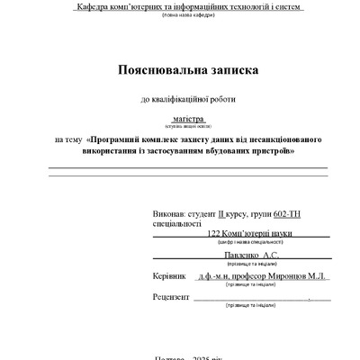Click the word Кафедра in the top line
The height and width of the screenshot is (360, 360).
[94, 6]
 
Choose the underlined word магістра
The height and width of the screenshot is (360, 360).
[188, 118]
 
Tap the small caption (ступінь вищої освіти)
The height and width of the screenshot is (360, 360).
[188, 127]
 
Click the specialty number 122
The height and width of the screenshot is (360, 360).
[213, 233]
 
